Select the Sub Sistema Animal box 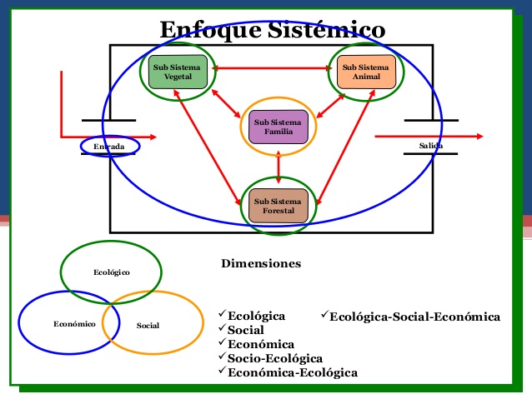365,72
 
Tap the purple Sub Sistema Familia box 278,127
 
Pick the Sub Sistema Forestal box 279,206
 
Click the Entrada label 109,147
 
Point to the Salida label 431,147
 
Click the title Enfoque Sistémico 273,30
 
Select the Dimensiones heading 261,264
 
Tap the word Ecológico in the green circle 111,272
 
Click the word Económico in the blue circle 73,323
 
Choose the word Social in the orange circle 148,325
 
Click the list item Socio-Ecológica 274,358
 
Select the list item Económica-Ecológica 293,372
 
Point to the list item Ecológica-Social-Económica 414,317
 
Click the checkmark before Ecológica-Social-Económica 324,316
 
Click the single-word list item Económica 260,344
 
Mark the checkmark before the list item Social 222,329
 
